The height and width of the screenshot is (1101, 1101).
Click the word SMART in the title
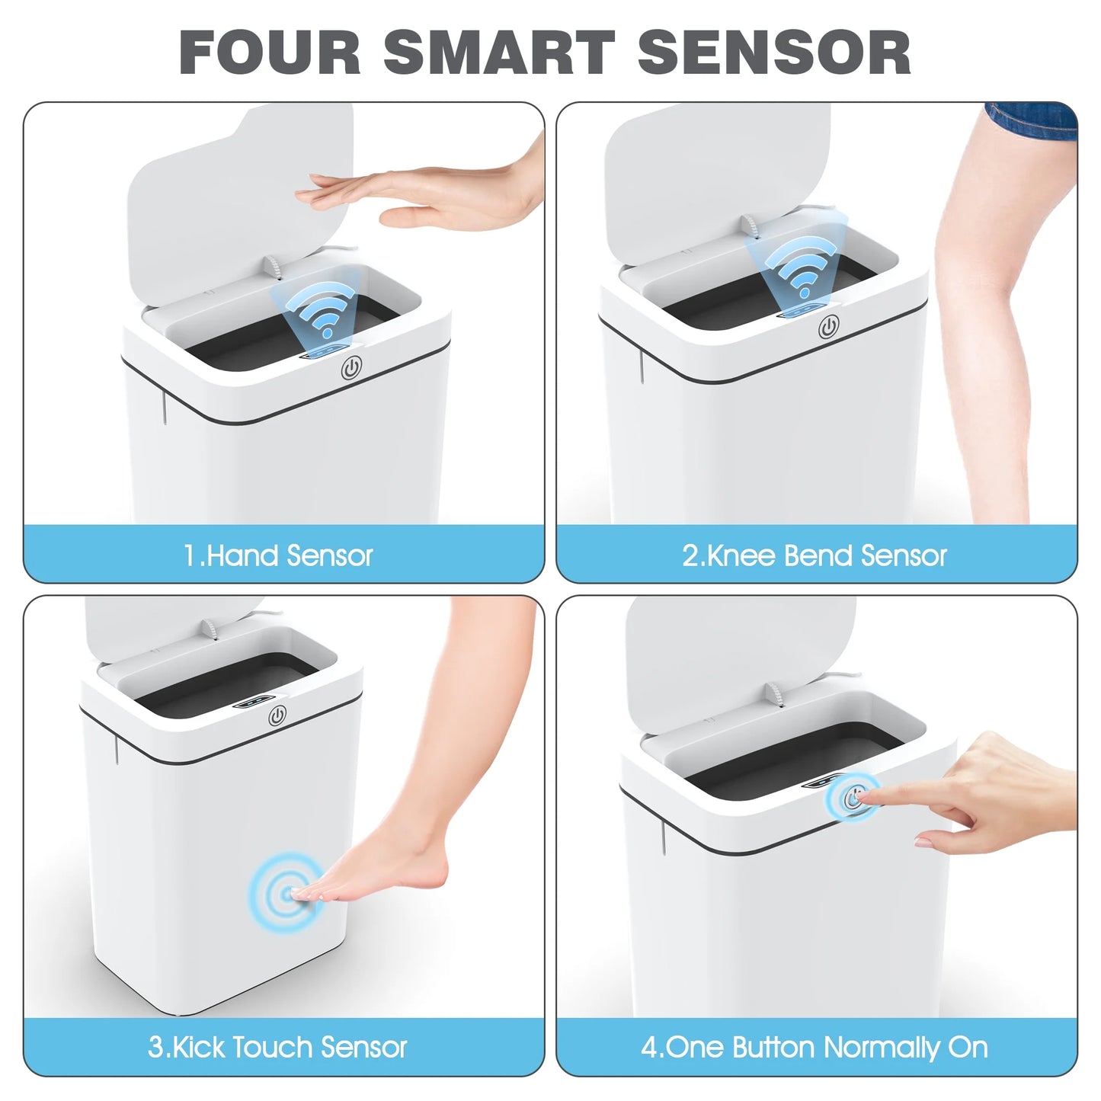tap(498, 53)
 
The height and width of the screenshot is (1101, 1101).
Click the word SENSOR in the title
tap(773, 53)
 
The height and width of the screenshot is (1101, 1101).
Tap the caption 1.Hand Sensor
tap(278, 556)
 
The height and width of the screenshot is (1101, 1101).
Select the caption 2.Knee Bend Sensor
tap(815, 556)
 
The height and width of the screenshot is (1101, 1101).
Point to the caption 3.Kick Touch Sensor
tap(278, 1048)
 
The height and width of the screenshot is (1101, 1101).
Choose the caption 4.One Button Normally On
tap(815, 1048)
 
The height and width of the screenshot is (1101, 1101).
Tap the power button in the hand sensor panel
tap(350, 370)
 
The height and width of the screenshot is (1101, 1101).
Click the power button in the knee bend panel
tap(829, 328)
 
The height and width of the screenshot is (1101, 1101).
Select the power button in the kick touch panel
tap(277, 716)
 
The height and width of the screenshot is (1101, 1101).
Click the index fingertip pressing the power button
tap(866, 797)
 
